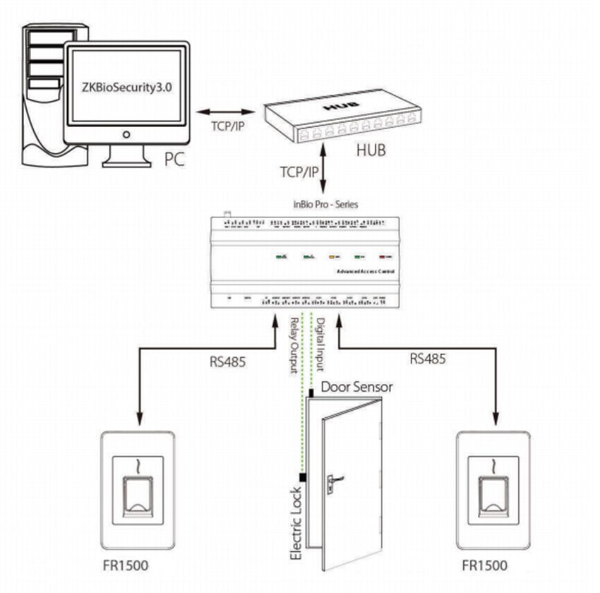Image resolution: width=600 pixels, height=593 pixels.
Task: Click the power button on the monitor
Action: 126,134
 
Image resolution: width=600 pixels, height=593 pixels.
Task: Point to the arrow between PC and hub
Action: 225,112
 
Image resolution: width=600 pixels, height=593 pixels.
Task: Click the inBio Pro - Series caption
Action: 325,204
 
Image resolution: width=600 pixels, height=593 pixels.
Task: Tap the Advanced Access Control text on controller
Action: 365,271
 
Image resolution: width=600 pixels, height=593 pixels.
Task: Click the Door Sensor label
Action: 356,387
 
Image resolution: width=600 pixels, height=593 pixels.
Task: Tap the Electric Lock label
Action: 296,522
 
